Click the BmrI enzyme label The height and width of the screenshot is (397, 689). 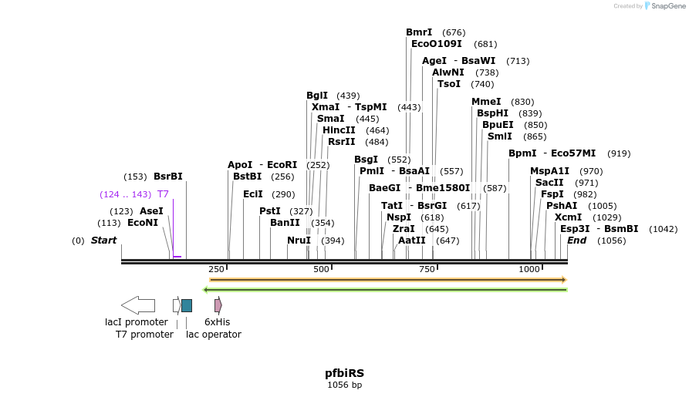419,32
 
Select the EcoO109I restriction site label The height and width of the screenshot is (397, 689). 437,44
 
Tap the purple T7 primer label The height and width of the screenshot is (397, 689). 163,194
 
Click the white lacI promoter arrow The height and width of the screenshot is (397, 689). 138,305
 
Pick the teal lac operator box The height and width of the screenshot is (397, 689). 187,305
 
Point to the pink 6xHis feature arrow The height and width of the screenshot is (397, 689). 218,305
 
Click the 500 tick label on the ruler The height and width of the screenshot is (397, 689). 322,269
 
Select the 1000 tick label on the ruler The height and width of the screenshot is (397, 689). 529,269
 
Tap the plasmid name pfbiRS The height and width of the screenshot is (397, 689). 344,373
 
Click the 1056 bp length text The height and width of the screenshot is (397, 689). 344,385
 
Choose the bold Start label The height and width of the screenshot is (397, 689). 103,241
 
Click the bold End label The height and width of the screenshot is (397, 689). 576,241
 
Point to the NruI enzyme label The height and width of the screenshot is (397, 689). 299,241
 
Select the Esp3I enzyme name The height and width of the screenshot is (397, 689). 575,229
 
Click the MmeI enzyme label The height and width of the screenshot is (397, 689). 486,102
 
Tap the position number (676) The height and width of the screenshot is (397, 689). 454,32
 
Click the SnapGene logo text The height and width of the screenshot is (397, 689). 667,6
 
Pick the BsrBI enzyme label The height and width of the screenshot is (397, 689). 168,177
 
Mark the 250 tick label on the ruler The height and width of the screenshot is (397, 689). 216,269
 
